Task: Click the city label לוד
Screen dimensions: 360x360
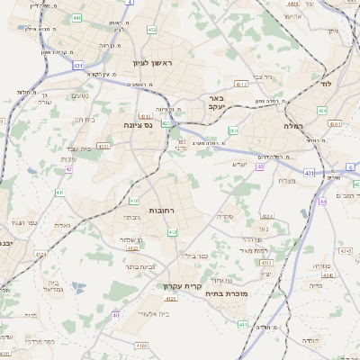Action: [325, 83]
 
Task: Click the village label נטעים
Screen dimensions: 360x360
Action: [80, 96]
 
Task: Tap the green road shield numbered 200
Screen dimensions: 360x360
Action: [233, 131]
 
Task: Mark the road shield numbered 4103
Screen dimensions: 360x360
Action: [141, 346]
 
